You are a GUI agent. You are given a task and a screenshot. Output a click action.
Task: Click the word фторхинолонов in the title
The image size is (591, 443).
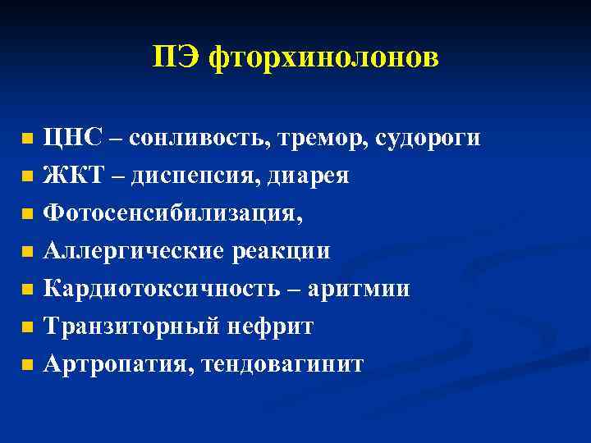point(324,57)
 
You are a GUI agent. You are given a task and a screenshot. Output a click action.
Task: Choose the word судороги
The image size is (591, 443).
point(428,138)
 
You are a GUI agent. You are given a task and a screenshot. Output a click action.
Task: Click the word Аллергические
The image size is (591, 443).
point(132,250)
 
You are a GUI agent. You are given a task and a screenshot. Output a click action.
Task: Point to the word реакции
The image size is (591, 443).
point(279,250)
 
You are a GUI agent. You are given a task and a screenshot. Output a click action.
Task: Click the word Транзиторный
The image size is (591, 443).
point(130,326)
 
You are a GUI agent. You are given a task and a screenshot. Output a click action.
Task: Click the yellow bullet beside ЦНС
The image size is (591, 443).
point(27,139)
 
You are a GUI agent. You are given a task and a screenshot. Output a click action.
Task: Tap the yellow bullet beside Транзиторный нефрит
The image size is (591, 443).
point(27,327)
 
